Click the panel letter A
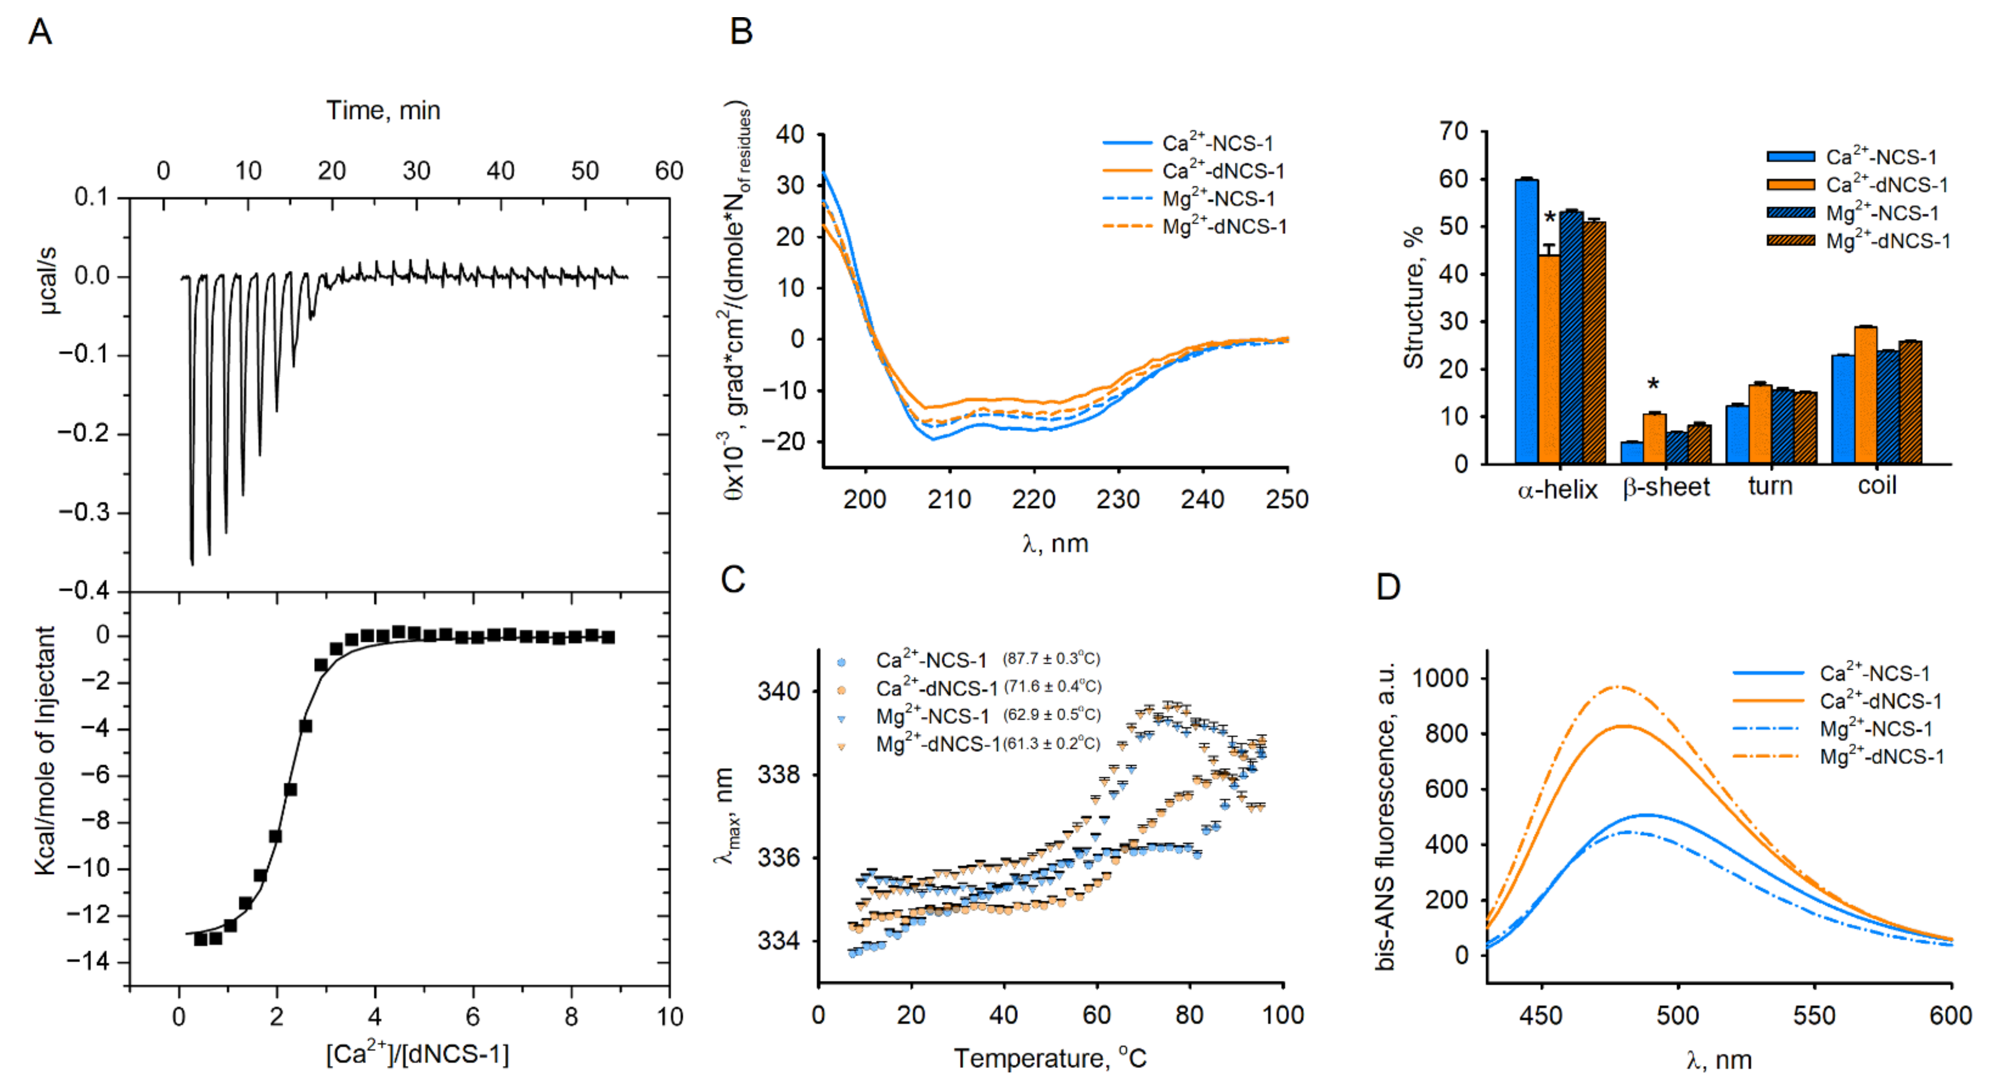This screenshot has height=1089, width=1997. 40,32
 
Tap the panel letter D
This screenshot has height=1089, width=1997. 1388,587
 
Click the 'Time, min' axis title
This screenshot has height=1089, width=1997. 383,111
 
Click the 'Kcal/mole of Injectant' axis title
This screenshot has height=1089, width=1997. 45,750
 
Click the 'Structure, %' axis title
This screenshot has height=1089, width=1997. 1413,298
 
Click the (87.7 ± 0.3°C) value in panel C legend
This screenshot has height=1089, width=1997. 1051,659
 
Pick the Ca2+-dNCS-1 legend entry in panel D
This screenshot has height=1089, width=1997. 1880,701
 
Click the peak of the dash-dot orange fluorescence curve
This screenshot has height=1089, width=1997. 1614,687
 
